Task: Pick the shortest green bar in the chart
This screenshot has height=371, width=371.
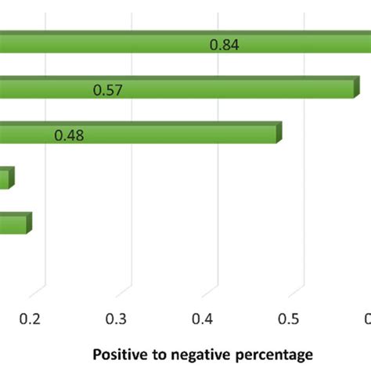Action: (x=5, y=179)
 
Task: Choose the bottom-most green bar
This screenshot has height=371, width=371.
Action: (x=13, y=225)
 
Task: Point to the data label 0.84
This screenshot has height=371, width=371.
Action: (x=224, y=45)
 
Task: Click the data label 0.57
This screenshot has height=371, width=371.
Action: (x=107, y=90)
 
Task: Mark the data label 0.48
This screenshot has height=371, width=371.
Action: (x=69, y=135)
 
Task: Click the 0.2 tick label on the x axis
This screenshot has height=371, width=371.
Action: (x=30, y=318)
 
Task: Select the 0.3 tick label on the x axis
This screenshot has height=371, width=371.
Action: (x=117, y=318)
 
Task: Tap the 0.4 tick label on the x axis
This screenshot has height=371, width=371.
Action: (x=204, y=318)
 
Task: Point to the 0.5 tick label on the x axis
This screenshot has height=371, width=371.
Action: (x=290, y=318)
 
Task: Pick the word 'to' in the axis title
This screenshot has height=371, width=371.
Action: (x=154, y=354)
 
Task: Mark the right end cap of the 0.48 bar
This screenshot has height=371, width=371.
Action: (x=279, y=132)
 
